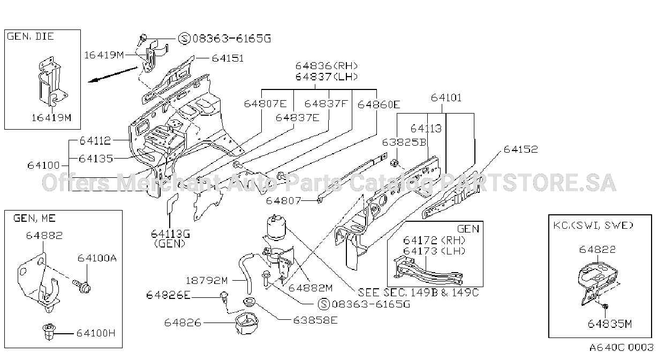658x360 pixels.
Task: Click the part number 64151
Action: coord(228,58)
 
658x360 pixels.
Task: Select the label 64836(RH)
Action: coord(327,65)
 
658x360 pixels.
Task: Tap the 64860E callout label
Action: coord(379,104)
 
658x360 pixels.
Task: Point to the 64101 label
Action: coord(446,97)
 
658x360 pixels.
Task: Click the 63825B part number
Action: coord(404,142)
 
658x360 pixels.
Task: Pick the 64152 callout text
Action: coord(520,149)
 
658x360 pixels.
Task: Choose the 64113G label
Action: coord(170,234)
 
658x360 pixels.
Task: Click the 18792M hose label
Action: coord(207,281)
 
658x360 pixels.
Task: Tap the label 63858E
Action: coord(315,320)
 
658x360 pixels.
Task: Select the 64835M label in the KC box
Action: coord(609,324)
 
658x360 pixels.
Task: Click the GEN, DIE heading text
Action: coord(31,36)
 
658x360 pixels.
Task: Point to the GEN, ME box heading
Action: coord(34,219)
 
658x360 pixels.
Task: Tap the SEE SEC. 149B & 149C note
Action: coord(418,292)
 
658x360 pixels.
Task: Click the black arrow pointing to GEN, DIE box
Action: coord(113,74)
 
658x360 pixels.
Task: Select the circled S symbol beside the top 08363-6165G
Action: coord(185,39)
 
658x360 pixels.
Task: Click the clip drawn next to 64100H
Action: coord(49,332)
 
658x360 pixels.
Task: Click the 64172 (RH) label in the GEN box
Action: coord(434,241)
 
